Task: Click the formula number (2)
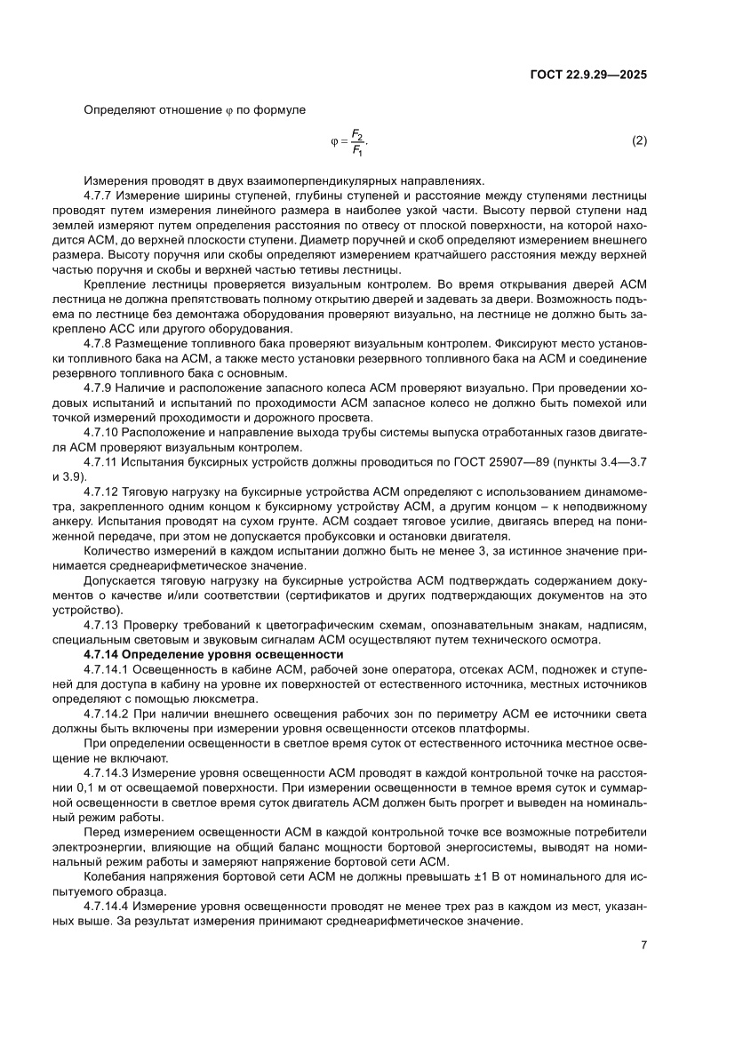[639, 142]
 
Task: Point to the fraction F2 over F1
[356, 142]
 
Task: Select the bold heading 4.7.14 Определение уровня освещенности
[213, 654]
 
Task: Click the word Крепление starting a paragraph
[112, 283]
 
